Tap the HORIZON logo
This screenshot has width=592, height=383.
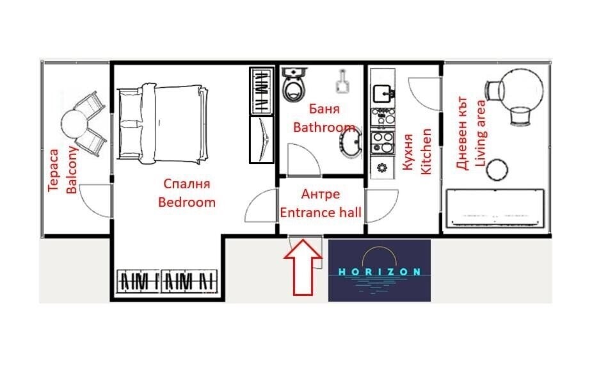(x=379, y=270)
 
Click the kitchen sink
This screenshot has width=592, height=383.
(x=383, y=92)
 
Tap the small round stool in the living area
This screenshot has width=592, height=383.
(x=497, y=169)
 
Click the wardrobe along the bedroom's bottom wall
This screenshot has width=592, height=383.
(x=168, y=280)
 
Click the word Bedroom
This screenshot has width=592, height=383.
(x=187, y=202)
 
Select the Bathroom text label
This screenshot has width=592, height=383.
(x=324, y=127)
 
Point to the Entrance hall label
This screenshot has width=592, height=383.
(x=321, y=213)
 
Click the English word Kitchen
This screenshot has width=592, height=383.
(x=425, y=151)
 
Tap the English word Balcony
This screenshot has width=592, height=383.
(x=72, y=170)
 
